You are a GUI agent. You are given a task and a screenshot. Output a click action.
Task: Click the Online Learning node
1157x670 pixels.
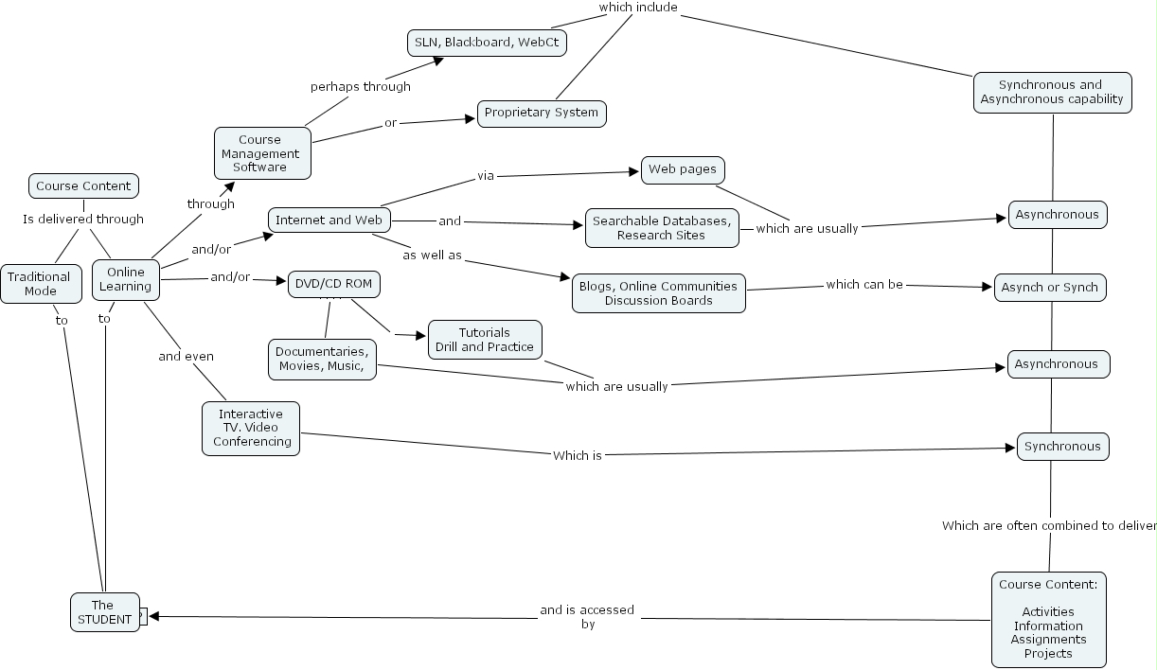(126, 279)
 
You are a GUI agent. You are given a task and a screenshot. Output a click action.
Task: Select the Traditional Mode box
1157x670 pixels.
(39, 284)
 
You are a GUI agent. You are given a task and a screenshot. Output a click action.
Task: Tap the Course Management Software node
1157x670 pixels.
(262, 153)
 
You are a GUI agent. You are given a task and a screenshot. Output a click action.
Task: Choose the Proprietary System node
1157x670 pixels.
(542, 113)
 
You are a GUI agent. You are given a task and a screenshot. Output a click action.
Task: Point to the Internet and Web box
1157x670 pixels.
(329, 220)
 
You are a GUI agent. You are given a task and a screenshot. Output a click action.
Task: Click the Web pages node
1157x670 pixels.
(684, 170)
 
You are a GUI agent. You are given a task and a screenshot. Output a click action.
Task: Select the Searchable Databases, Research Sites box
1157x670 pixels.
(661, 228)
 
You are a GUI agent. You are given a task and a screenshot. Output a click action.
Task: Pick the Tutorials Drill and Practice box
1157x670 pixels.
(485, 340)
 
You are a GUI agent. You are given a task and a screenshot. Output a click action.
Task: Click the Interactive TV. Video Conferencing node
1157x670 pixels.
(251, 428)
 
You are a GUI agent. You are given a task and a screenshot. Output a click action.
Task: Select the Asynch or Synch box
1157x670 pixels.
(1050, 288)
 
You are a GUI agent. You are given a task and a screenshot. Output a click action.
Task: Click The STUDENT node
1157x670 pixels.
(103, 612)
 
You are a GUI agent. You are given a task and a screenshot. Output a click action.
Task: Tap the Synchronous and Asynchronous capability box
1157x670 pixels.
(1051, 92)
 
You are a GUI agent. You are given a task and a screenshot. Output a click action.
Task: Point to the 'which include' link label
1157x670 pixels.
(637, 8)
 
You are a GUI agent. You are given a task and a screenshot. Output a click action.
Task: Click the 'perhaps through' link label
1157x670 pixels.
(361, 87)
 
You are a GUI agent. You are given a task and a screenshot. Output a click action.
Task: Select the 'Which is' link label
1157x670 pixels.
(577, 455)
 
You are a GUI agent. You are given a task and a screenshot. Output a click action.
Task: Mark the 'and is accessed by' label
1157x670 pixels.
(587, 617)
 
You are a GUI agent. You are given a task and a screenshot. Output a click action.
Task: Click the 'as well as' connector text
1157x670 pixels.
(432, 256)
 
